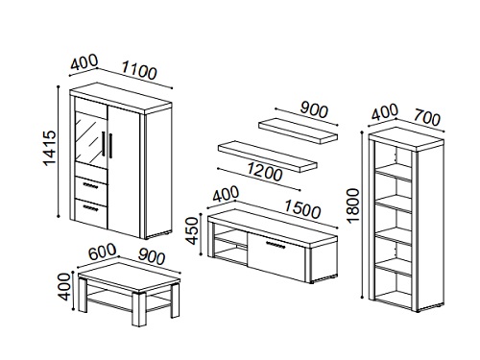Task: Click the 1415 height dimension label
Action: (50, 148)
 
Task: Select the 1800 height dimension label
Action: (353, 205)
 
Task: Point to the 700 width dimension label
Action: (427, 117)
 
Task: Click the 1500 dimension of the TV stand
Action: (302, 208)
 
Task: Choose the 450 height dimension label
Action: (192, 230)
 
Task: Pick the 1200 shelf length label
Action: (264, 172)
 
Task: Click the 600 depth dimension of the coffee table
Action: (102, 252)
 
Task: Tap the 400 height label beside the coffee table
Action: (65, 286)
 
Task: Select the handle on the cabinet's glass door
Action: (104, 143)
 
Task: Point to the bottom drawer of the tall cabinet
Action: (90, 213)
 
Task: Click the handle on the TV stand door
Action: (276, 245)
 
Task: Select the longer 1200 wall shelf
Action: (268, 156)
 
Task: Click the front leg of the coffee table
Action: (139, 309)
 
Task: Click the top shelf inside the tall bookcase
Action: (394, 171)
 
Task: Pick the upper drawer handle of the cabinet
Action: (89, 185)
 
